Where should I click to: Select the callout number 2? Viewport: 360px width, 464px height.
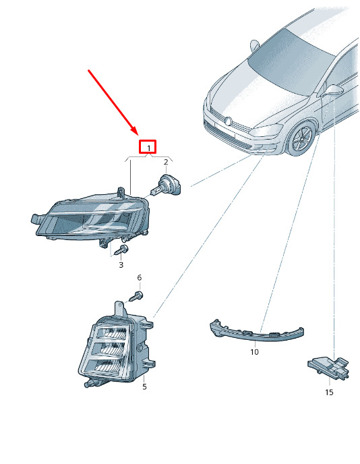pos(166,162)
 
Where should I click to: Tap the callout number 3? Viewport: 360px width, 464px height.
pos(121,264)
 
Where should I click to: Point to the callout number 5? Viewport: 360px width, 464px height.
pos(144,386)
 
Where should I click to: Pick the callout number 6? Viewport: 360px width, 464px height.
pos(140,278)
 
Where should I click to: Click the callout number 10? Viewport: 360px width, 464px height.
pos(254,352)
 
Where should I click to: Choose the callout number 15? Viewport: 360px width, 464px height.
pos(329,393)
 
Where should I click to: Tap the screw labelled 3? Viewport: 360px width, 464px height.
pos(121,250)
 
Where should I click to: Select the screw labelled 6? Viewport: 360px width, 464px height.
pos(137,296)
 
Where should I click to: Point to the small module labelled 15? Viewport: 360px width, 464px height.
pos(328,367)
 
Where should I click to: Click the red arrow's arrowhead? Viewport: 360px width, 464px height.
pos(133,131)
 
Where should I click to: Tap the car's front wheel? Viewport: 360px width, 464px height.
pos(301,139)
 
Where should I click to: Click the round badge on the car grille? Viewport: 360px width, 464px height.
pos(228,121)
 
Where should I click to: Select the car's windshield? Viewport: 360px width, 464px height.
pos(291,62)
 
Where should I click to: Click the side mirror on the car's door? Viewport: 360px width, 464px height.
pos(332,90)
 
